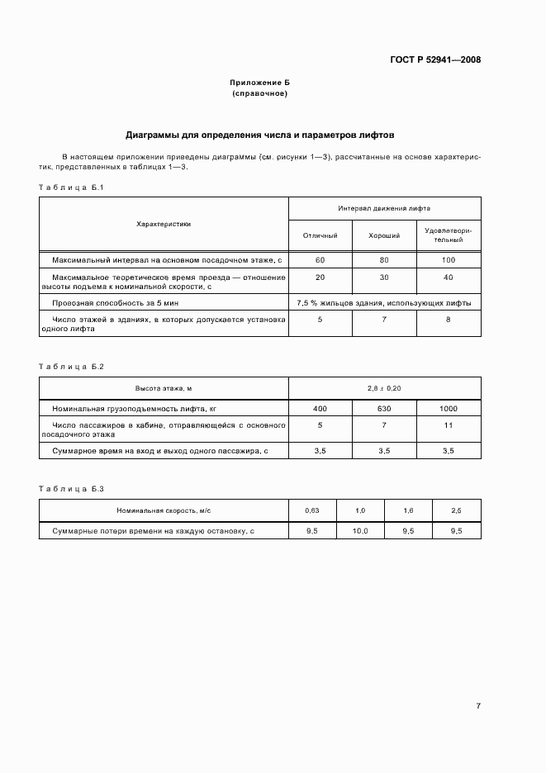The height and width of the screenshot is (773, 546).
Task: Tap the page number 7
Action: (x=478, y=705)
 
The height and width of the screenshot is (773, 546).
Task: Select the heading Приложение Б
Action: (x=259, y=83)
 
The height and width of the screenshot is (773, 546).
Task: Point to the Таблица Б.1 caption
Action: (x=70, y=187)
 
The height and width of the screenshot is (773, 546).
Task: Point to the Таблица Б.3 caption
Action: (x=70, y=489)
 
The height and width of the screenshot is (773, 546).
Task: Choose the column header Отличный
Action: (x=320, y=235)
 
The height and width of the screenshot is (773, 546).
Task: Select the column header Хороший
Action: (x=384, y=235)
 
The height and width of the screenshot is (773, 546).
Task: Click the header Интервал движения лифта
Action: (x=384, y=209)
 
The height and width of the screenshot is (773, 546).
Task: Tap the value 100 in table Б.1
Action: (x=448, y=259)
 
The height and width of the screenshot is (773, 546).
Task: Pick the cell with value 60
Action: (x=320, y=259)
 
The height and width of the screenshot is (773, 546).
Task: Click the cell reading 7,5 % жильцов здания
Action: (x=384, y=303)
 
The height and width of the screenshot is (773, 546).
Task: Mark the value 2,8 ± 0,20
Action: (x=384, y=387)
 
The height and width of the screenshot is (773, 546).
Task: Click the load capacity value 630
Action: (x=384, y=409)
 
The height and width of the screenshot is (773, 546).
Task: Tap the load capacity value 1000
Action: (x=448, y=409)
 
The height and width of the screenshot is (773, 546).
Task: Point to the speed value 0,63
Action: (x=311, y=511)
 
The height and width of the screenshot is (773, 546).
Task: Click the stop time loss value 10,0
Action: (x=360, y=531)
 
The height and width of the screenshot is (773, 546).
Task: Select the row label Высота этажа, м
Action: (x=164, y=387)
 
